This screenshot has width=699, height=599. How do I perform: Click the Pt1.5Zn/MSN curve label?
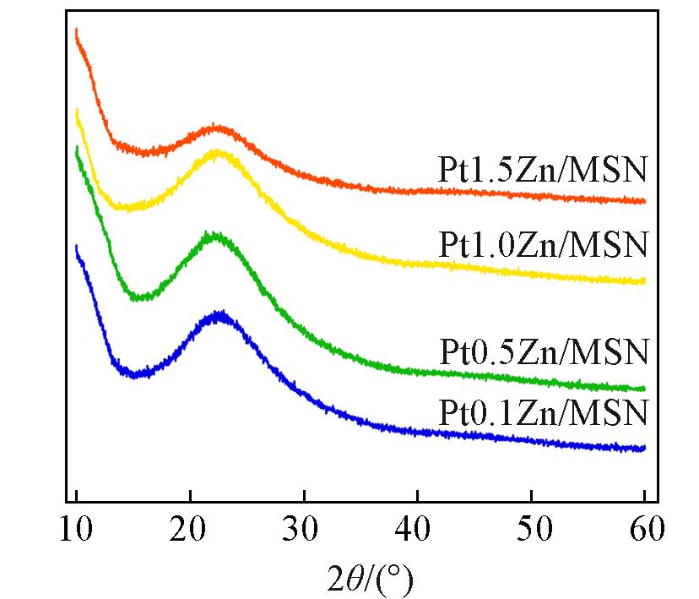tap(542, 170)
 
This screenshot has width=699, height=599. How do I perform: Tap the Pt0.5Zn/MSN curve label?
tap(542, 350)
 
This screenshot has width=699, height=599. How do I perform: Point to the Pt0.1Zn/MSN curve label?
tap(542, 414)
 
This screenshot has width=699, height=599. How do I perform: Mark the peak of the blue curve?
tap(220, 315)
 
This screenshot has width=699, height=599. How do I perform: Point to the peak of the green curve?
tap(214, 236)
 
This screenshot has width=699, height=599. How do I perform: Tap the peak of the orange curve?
tap(219, 128)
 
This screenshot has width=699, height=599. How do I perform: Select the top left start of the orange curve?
tap(77, 30)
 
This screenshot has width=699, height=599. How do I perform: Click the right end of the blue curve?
tap(645, 448)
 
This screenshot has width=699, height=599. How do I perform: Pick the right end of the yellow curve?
tap(645, 280)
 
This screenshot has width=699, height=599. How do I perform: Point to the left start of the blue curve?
tap(77, 247)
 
